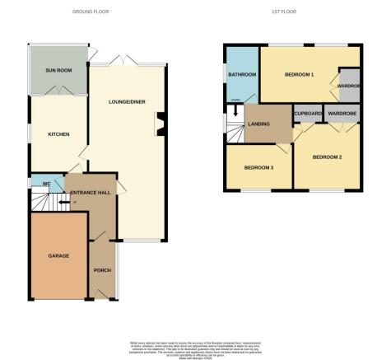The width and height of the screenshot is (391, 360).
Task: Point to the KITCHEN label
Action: click(58, 134)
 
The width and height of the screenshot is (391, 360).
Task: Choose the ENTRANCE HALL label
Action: click(91, 192)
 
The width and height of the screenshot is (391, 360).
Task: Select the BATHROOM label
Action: click(242, 75)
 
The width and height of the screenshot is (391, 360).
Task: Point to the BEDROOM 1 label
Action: click(300, 75)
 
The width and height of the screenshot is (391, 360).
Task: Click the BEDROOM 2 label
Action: click(328, 157)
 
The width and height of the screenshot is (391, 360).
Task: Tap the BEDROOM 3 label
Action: click(258, 168)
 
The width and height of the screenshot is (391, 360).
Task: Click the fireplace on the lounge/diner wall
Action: click(161, 124)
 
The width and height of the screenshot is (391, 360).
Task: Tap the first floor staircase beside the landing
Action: click(235, 127)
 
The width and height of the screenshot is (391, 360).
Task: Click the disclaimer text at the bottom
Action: click(195, 348)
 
